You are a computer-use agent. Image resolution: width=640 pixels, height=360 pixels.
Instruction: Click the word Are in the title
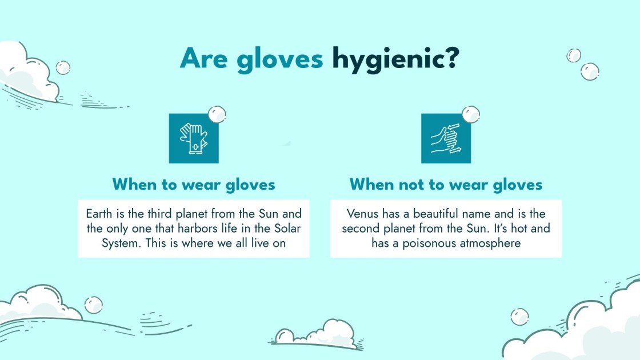pyautogui.click(x=205, y=59)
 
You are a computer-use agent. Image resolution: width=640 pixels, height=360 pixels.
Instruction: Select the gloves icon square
pyautogui.click(x=193, y=138)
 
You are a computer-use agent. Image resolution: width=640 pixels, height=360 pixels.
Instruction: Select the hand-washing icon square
pyautogui.click(x=446, y=138)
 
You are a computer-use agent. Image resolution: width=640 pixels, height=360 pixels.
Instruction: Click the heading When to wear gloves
pyautogui.click(x=194, y=185)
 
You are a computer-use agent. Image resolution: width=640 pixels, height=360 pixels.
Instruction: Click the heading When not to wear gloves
pyautogui.click(x=446, y=185)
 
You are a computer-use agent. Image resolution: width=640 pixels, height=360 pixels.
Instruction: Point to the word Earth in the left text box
pyautogui.click(x=100, y=214)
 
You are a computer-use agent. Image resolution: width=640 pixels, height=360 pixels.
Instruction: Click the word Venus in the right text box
pyautogui.click(x=362, y=214)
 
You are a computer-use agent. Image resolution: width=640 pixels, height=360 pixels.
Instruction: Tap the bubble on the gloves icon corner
pyautogui.click(x=217, y=114)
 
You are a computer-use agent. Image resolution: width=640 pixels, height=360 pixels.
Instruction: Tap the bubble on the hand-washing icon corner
pyautogui.click(x=470, y=114)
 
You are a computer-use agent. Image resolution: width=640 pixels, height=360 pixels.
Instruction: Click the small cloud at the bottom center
pyautogui.click(x=315, y=334)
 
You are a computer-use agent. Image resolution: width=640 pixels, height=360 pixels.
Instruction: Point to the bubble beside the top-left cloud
pyautogui.click(x=63, y=67)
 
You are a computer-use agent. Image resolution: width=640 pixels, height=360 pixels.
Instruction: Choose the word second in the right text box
pyautogui.click(x=360, y=229)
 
